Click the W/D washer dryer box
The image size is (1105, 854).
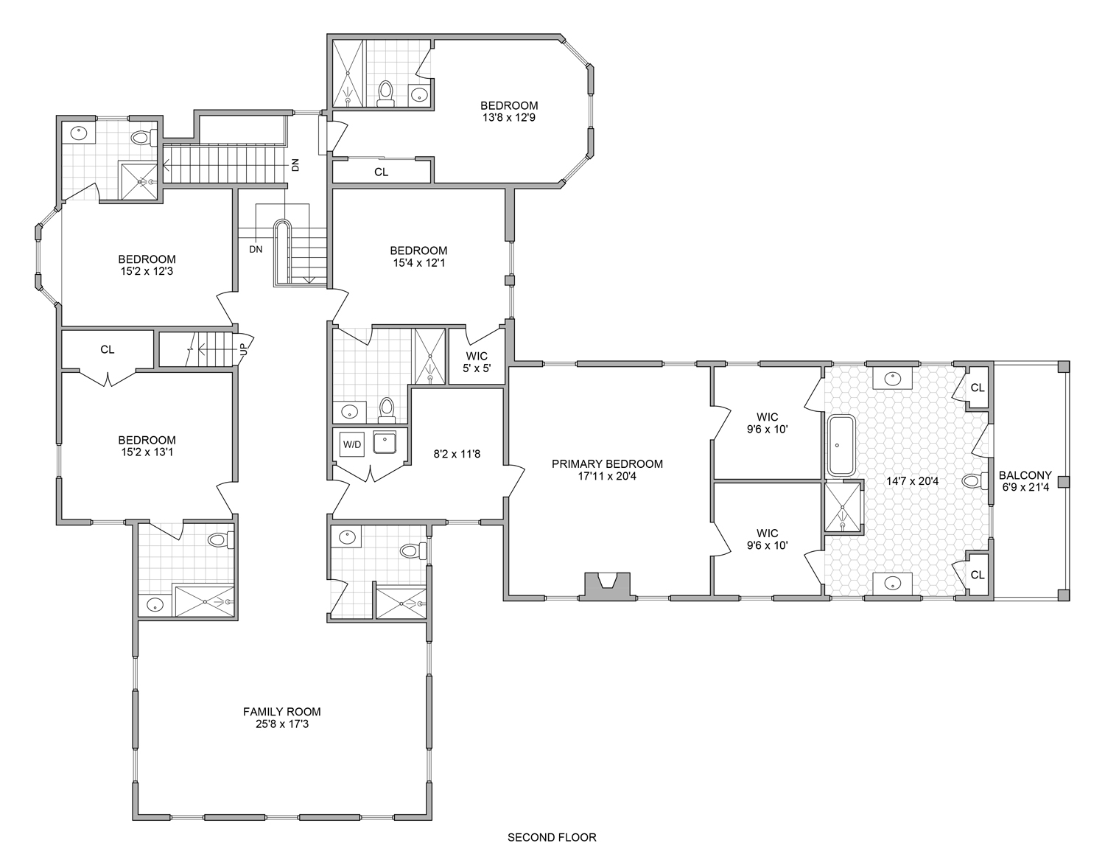(352, 444)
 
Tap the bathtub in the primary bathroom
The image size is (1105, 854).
(841, 446)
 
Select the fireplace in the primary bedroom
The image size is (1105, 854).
(607, 587)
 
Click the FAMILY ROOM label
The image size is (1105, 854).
(281, 712)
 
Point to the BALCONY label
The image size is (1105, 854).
(1025, 475)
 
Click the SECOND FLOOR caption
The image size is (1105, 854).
(552, 837)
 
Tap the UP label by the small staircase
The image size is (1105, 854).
(243, 349)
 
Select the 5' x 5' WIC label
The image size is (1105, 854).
(477, 368)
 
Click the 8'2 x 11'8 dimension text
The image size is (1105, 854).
(457, 454)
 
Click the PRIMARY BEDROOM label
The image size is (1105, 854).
(607, 464)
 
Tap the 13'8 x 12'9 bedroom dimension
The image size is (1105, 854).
(509, 118)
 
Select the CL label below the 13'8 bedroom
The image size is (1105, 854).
(382, 172)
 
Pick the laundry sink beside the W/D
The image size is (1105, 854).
(385, 443)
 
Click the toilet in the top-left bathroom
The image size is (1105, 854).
(144, 137)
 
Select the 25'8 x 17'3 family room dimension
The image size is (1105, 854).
(281, 724)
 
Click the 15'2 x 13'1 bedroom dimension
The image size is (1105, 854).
(147, 452)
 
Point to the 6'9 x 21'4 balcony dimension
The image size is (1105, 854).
(1025, 487)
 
